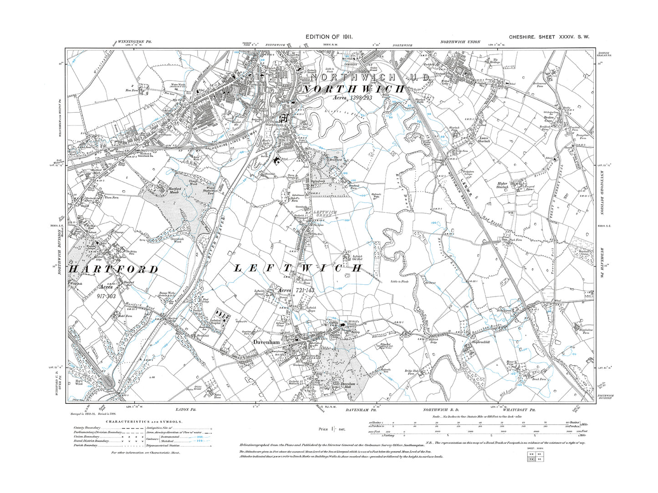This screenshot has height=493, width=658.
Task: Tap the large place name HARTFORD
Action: click(113, 269)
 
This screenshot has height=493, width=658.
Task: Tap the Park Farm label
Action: click(516, 240)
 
